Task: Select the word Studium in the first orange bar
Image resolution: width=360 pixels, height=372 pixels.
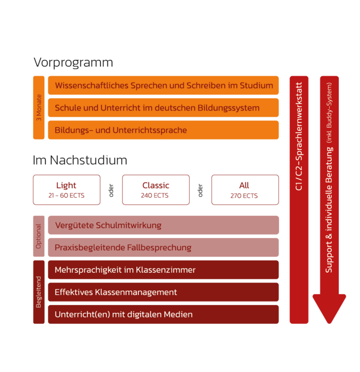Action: tap(256, 85)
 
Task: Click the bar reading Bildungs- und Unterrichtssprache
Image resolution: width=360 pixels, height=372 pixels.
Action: tap(163, 130)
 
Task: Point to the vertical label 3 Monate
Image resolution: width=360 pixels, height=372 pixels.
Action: tap(39, 108)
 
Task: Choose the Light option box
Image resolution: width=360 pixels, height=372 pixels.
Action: tap(66, 189)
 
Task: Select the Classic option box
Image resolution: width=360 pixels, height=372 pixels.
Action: tap(156, 189)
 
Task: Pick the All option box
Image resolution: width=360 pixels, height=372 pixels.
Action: tap(245, 189)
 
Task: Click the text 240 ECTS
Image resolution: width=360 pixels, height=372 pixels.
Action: tap(156, 196)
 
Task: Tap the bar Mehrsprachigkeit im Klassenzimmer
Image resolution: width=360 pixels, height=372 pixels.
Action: tap(163, 270)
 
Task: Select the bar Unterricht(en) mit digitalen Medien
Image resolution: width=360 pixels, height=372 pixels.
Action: tap(163, 314)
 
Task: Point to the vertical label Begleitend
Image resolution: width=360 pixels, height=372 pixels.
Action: tap(39, 292)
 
